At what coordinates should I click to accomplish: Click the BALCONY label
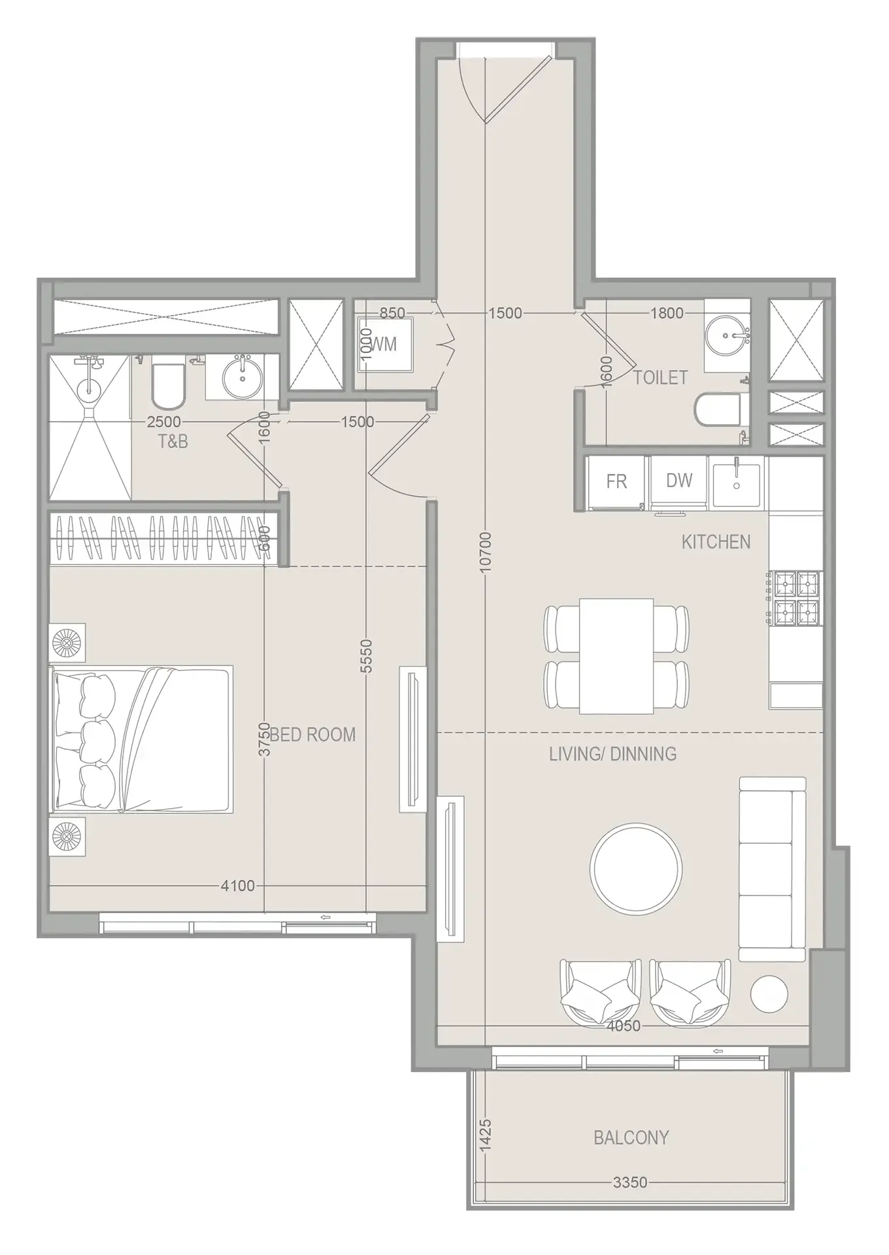coord(631,1137)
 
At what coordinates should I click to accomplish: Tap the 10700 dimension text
coord(485,553)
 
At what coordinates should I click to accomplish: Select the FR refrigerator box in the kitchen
coord(616,482)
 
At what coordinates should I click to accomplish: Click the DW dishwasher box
coord(679,481)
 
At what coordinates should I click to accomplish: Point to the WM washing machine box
coord(386,344)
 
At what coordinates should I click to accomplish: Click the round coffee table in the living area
coord(636,868)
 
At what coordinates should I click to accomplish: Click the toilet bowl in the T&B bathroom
coord(169,384)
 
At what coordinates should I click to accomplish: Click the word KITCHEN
coord(716,542)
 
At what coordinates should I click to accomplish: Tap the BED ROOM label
coord(313,735)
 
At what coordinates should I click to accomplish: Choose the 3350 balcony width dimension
coord(630,1182)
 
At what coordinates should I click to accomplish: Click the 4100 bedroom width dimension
coord(237,886)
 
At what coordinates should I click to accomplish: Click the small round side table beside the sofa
coord(769,994)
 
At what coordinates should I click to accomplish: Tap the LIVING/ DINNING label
coord(612,754)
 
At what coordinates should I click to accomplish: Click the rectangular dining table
coord(616,656)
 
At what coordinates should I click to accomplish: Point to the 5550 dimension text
coord(366,656)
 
